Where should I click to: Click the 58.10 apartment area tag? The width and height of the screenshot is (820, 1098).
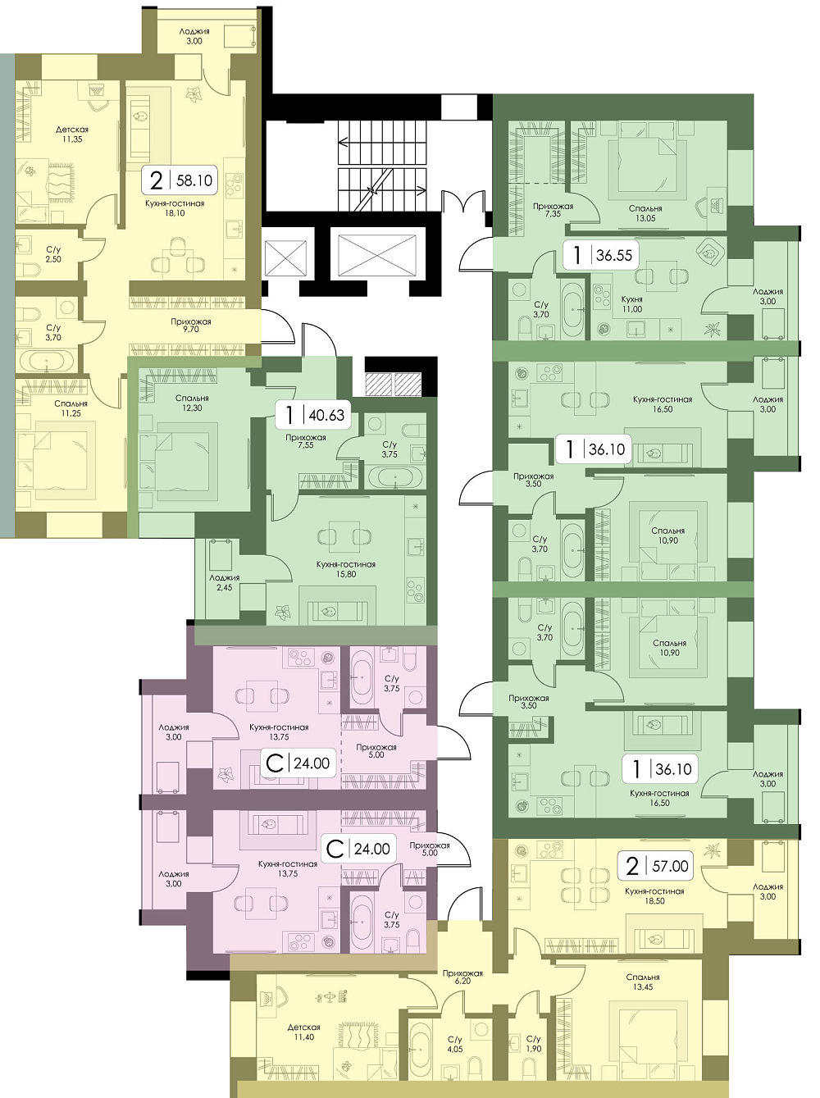coord(180,180)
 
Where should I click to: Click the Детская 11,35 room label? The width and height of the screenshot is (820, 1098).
coord(72,134)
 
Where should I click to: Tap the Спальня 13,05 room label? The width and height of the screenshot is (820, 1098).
coord(646,213)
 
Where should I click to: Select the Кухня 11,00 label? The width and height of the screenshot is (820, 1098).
coord(631,303)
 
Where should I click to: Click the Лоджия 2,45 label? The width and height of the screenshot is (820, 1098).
coord(224,582)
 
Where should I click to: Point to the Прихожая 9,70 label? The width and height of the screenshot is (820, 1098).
coord(190,326)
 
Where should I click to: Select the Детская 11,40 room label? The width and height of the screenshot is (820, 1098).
coord(303,1032)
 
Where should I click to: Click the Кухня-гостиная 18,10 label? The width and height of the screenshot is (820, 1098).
coord(175,208)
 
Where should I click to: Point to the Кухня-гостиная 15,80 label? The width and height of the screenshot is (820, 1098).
coord(346,569)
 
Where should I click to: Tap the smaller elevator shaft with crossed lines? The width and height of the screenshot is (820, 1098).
coord(285,257)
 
